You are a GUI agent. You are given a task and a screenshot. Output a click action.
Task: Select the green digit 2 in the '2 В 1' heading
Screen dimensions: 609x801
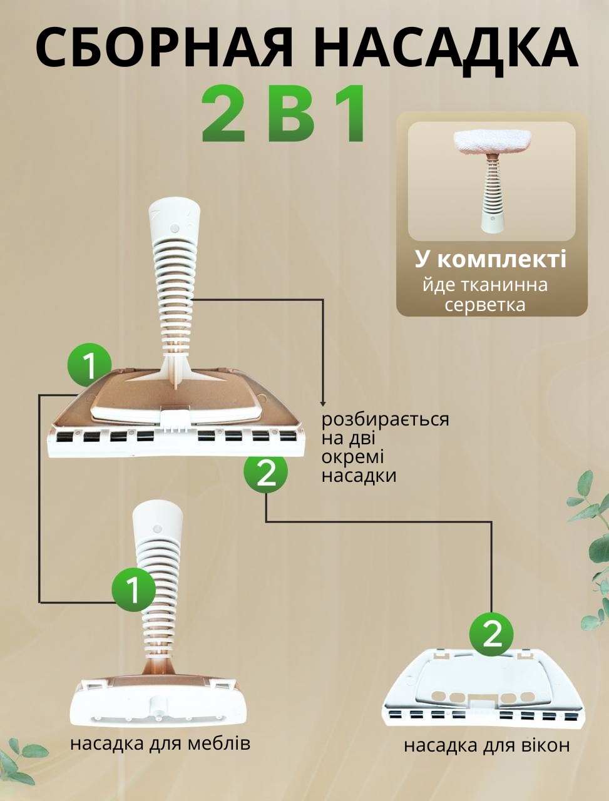tap(223, 113)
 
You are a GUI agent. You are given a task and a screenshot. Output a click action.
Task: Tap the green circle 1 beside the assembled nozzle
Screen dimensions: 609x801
tap(90, 365)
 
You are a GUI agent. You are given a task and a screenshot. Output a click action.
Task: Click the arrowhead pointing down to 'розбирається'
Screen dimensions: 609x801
tap(322, 403)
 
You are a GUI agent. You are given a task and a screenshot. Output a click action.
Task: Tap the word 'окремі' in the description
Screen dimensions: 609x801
tap(352, 457)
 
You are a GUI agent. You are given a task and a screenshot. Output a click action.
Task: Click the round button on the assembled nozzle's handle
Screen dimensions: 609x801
tap(175, 228)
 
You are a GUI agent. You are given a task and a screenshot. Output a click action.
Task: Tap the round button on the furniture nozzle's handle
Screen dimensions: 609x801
tap(157, 529)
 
